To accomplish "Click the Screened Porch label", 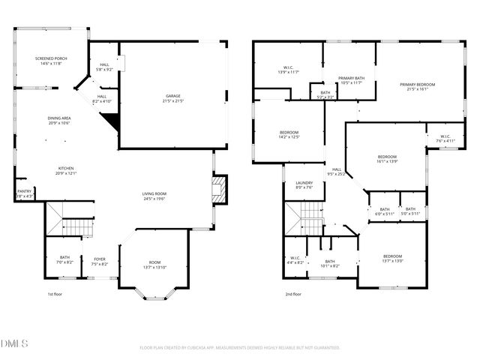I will [51, 61].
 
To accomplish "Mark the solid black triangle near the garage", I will [111, 121].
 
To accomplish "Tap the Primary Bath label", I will [350, 80].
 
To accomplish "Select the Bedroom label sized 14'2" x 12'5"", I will [289, 134].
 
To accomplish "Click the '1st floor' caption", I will [55, 295].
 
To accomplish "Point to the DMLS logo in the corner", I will [14, 343].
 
